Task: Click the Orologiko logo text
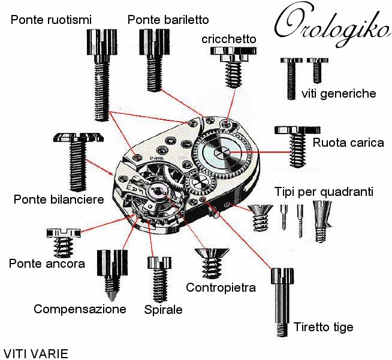pyautogui.click(x=331, y=25)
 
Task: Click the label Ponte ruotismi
pyautogui.click(x=51, y=20)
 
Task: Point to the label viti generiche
pyautogui.click(x=339, y=93)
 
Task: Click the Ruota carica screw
pyautogui.click(x=297, y=144)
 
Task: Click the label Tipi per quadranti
pyautogui.click(x=324, y=192)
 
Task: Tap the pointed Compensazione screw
pyautogui.click(x=110, y=275)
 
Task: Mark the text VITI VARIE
pyautogui.click(x=35, y=353)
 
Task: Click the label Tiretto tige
pyautogui.click(x=323, y=327)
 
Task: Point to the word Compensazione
pyautogui.click(x=80, y=309)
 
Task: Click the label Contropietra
pyautogui.click(x=221, y=288)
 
